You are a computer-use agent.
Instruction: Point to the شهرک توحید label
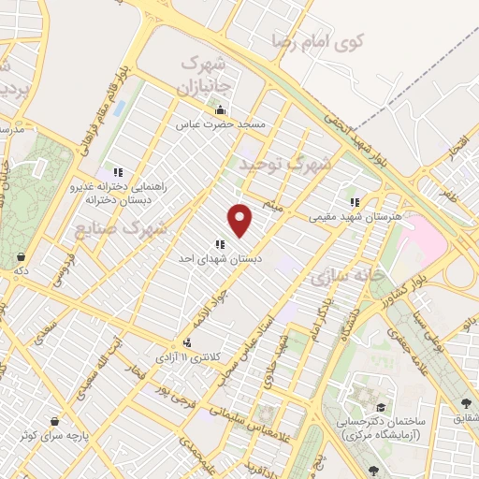pos(284,165)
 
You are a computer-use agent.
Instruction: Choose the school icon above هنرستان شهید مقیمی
pos(354,201)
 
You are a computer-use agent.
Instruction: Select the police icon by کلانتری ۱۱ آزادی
pos(190,343)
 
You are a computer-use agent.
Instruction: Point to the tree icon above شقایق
pos(467,404)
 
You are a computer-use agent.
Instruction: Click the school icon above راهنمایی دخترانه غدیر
pos(118,172)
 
